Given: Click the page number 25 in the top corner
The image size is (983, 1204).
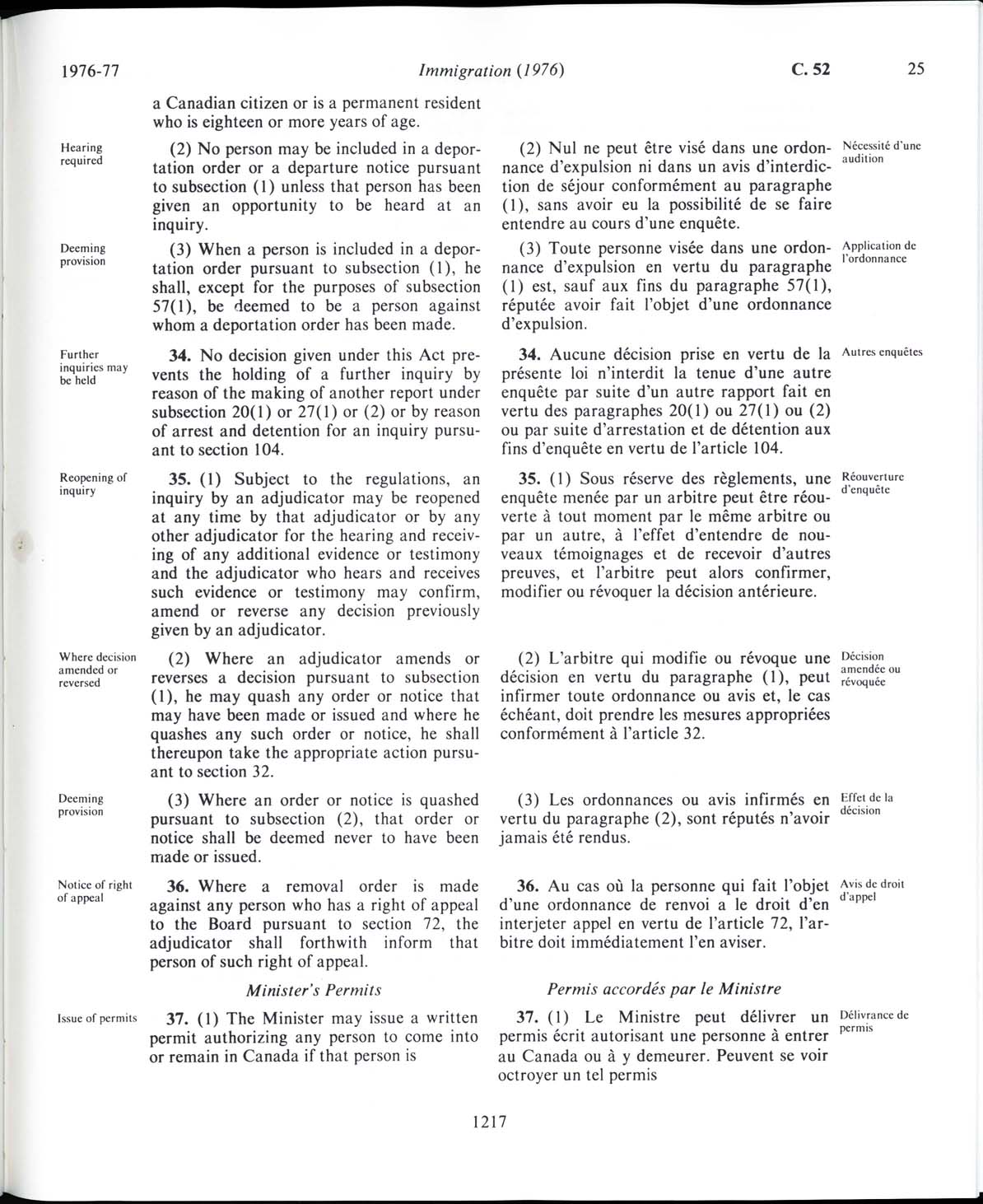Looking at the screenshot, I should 915,69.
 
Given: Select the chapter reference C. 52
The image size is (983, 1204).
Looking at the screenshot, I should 811,70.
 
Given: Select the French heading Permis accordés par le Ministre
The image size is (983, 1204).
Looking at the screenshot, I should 664,988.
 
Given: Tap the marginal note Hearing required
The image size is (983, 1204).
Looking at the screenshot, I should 82,154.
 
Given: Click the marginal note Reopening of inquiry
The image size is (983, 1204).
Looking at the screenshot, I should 93,484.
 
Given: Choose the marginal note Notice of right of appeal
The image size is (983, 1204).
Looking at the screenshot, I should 95,891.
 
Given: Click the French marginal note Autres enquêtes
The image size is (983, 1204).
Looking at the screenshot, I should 882,352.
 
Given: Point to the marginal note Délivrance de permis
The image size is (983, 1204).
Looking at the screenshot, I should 874,1021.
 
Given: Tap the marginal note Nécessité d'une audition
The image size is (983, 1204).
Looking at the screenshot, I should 880,152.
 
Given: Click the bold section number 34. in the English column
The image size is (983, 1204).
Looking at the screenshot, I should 179,356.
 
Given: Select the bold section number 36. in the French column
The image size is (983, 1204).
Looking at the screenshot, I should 528,886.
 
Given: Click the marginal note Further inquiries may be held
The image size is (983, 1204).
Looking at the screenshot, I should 93,367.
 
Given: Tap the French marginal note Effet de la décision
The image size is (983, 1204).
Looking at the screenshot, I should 867,804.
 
